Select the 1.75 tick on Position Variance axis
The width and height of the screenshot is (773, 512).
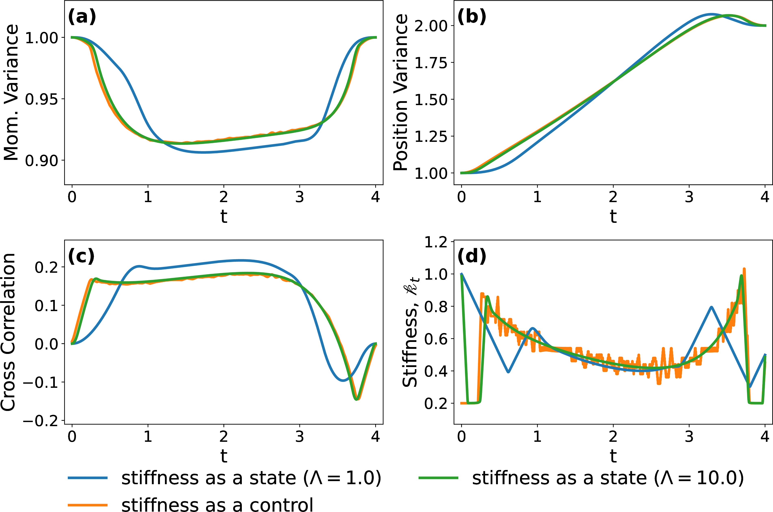tap(431, 62)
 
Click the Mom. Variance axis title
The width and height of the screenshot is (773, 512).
tap(11, 92)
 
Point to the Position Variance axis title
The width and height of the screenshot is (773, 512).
tap(401, 92)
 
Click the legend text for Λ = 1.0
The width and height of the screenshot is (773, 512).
tap(251, 478)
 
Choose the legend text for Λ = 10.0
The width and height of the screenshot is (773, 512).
tap(608, 478)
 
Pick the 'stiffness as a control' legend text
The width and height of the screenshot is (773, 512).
tap(217, 504)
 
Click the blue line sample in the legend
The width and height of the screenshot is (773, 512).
tap(88, 478)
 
